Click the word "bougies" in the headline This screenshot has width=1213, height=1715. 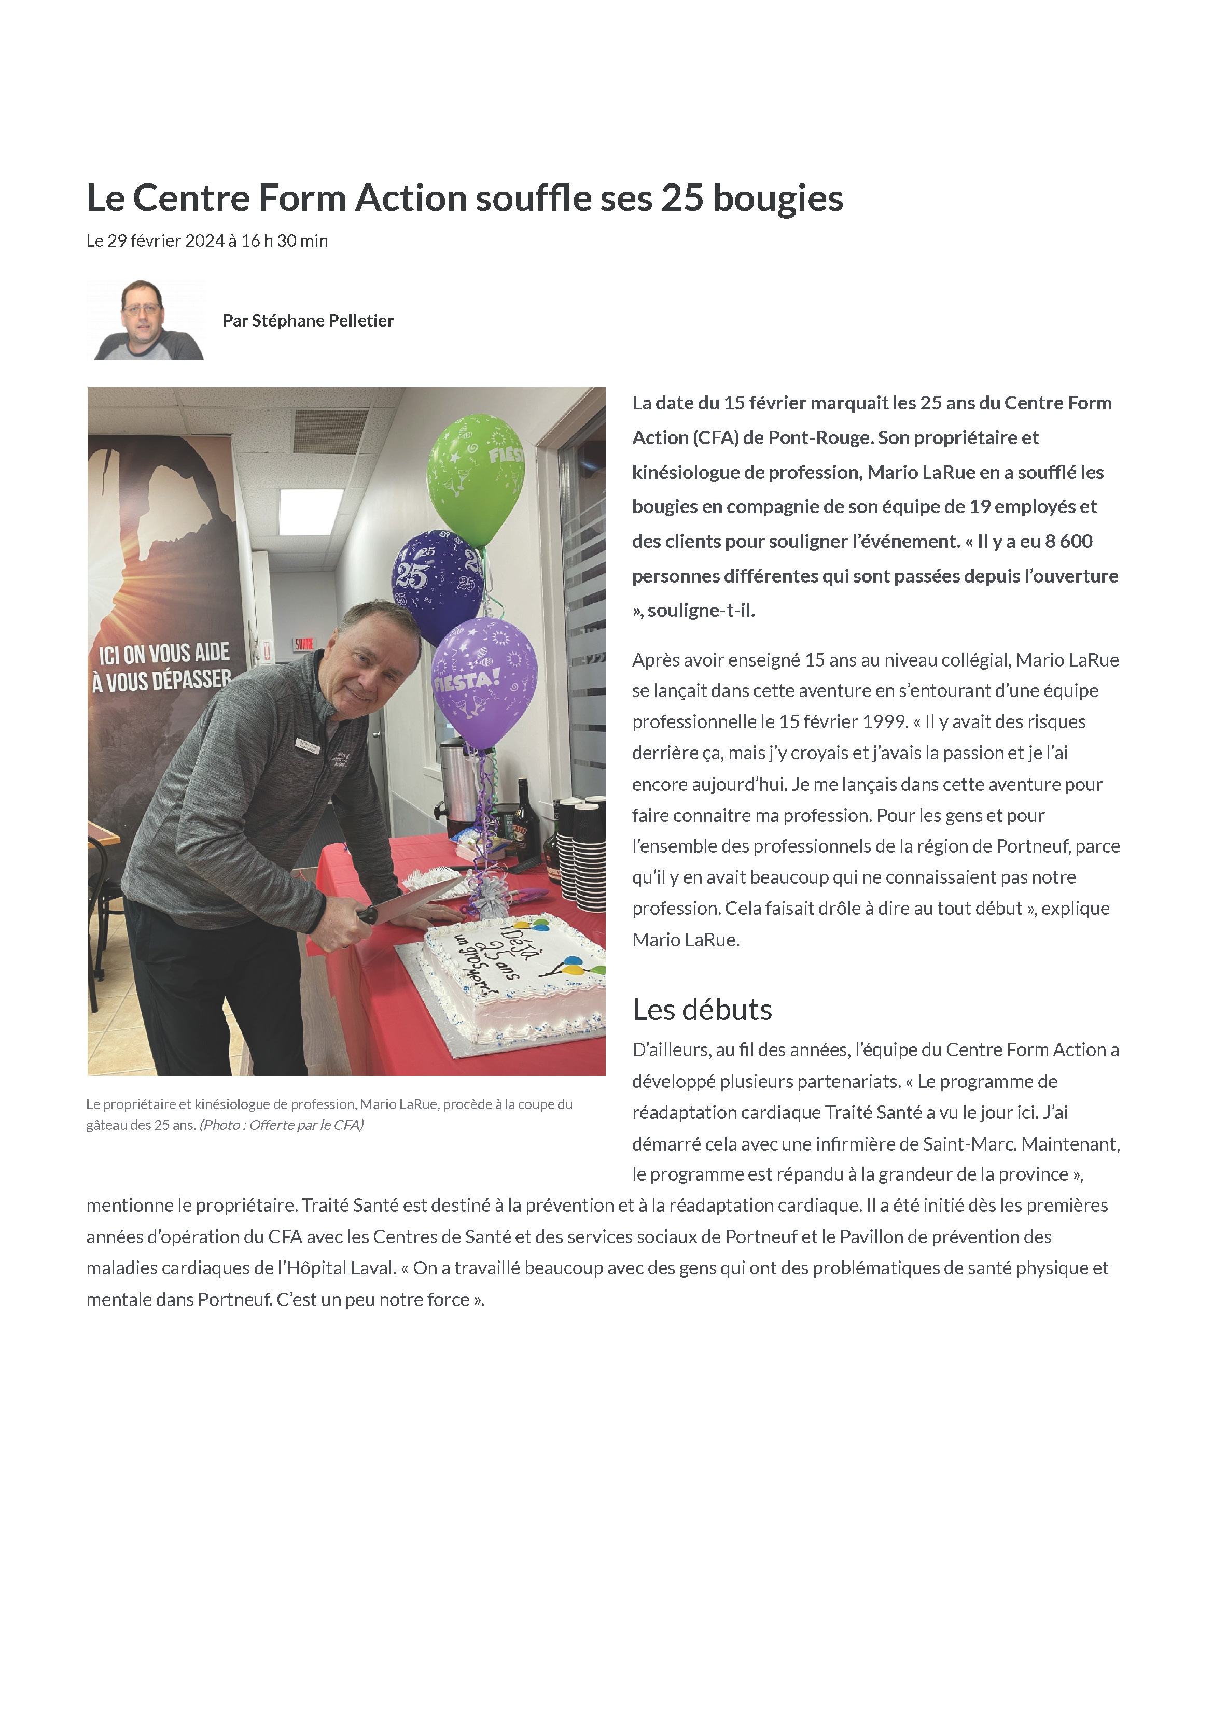[777, 199]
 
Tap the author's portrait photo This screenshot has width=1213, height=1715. [146, 320]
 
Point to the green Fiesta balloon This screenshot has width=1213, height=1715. [476, 478]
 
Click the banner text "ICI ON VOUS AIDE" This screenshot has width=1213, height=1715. [164, 654]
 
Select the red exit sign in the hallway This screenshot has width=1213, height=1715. [303, 643]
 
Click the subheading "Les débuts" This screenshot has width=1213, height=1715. [702, 1010]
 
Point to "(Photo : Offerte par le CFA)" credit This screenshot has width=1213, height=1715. [282, 1125]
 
